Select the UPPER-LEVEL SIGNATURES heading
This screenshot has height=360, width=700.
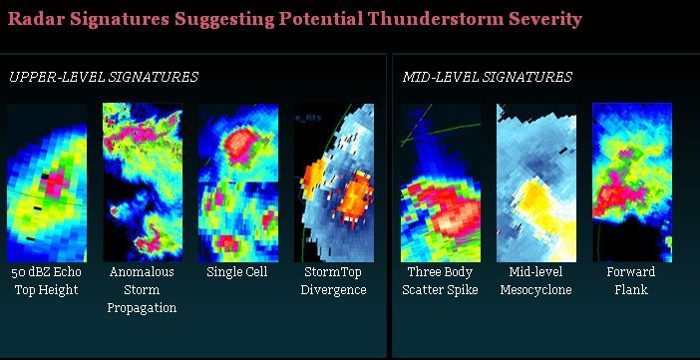pyautogui.click(x=104, y=77)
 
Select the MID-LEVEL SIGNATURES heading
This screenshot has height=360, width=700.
pyautogui.click(x=488, y=77)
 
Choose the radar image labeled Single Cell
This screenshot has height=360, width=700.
pyautogui.click(x=237, y=182)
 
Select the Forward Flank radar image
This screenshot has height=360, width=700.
pyautogui.click(x=631, y=182)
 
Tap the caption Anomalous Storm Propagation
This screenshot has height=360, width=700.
pyautogui.click(x=142, y=289)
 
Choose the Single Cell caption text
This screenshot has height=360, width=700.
pyautogui.click(x=237, y=271)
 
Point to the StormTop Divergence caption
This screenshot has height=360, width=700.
pyautogui.click(x=333, y=280)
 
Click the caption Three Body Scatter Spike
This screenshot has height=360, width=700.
pyautogui.click(x=440, y=280)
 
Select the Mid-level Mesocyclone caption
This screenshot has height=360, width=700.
pyautogui.click(x=535, y=280)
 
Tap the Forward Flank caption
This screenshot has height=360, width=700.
pyautogui.click(x=631, y=280)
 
